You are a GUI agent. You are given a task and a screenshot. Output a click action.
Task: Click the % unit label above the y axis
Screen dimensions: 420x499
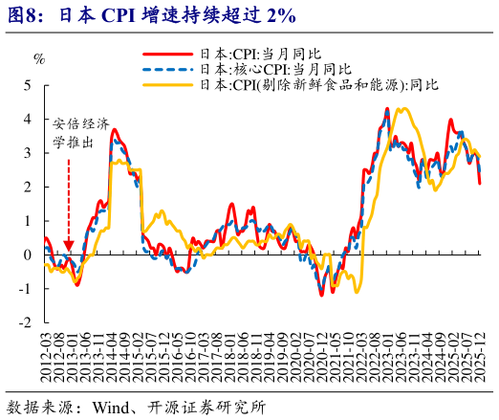click(x=39, y=58)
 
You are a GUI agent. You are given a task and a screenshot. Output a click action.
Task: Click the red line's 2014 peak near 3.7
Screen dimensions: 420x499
click(x=114, y=129)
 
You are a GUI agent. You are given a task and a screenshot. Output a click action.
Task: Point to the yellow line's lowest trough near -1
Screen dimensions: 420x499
click(x=357, y=291)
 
